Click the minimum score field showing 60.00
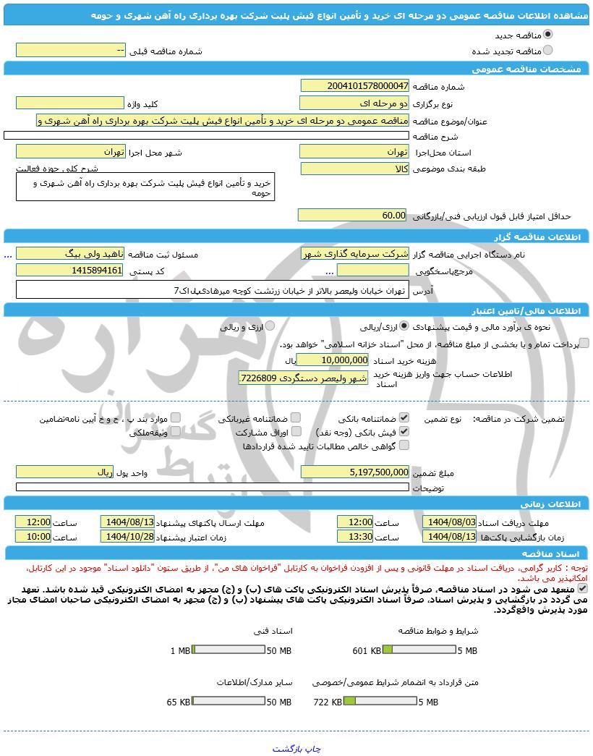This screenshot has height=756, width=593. pyautogui.click(x=354, y=215)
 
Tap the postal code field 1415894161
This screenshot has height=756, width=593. pyautogui.click(x=70, y=270)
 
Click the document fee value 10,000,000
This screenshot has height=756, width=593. pyautogui.click(x=333, y=360)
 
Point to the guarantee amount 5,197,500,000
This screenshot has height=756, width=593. pyautogui.click(x=354, y=472)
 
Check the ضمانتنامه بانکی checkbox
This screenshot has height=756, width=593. pyautogui.click(x=404, y=418)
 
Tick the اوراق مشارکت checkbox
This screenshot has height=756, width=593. pyautogui.click(x=295, y=432)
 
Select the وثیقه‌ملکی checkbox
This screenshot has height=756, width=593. pyautogui.click(x=175, y=432)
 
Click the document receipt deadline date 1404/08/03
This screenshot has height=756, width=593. pyautogui.click(x=450, y=522)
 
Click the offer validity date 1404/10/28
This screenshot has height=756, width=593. pyautogui.click(x=128, y=536)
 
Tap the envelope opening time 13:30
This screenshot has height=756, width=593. pyautogui.click(x=355, y=536)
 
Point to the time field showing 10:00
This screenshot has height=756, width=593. pyautogui.click(x=34, y=536)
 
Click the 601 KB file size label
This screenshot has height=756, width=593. pyautogui.click(x=367, y=650)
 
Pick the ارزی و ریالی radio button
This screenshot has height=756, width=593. pyautogui.click(x=270, y=326)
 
